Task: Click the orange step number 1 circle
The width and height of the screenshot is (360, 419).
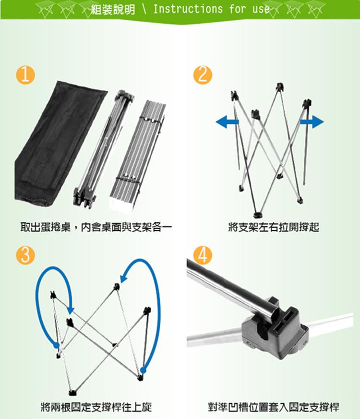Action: (25, 75)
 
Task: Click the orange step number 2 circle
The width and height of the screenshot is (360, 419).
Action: (203, 75)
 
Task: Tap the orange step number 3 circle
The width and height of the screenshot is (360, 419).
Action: (25, 255)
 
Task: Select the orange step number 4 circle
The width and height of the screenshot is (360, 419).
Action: (203, 255)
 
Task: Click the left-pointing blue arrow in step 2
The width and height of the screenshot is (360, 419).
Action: (227, 122)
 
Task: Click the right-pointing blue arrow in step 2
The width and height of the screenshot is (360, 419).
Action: (312, 122)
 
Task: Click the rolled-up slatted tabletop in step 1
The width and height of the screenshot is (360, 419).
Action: (138, 156)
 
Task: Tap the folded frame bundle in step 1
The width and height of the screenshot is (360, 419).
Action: (103, 150)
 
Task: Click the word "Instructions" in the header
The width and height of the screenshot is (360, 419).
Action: (188, 9)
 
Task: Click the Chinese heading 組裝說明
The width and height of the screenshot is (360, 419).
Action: (113, 10)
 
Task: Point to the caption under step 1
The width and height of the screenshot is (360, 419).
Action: (96, 227)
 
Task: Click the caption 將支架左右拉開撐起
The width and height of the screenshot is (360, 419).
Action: (274, 227)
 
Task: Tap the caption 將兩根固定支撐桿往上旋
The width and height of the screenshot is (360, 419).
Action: (96, 407)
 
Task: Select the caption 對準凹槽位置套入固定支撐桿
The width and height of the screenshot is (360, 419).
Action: (274, 407)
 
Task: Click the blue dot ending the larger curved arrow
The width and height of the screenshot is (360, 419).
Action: (143, 370)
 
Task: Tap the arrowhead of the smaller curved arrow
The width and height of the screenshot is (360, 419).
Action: (70, 310)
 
